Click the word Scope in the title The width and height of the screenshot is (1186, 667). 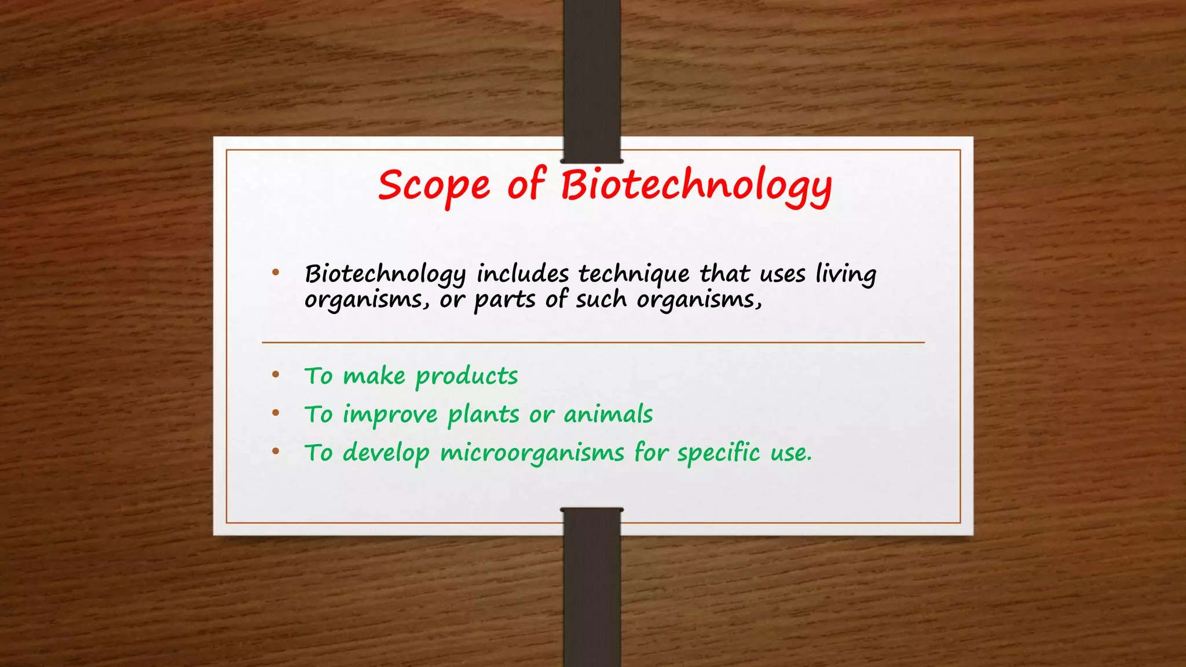[x=434, y=186]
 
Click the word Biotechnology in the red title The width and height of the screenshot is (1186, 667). [x=696, y=186]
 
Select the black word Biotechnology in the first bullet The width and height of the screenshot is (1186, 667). [x=385, y=274]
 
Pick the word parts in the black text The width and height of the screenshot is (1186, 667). [x=505, y=300]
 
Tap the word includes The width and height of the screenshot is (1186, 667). [x=522, y=273]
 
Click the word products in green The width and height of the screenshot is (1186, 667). [x=467, y=377]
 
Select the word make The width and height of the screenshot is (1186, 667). [x=374, y=376]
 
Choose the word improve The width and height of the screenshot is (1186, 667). [x=390, y=415]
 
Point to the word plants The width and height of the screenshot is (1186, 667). [x=484, y=415]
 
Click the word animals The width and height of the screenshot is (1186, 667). [x=608, y=415]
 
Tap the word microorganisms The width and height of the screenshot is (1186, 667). [x=532, y=453]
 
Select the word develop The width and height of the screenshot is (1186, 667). [x=386, y=453]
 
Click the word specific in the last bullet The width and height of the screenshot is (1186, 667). [x=718, y=453]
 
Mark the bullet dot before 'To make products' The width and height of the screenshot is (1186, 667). [x=276, y=375]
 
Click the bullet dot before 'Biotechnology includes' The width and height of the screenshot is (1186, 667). [x=276, y=272]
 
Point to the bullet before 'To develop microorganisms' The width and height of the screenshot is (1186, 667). [x=276, y=452]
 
